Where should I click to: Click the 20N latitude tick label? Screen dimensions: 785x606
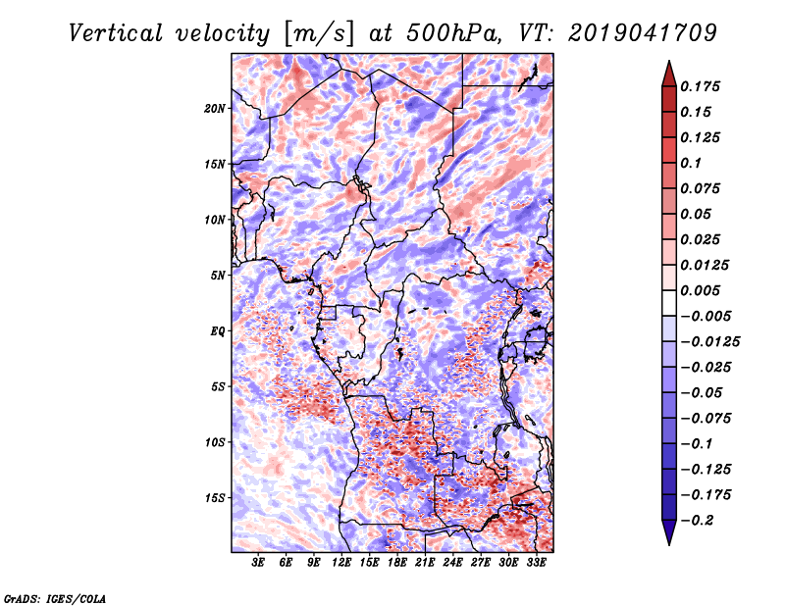[x=215, y=109]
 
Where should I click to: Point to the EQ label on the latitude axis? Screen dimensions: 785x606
[x=218, y=331]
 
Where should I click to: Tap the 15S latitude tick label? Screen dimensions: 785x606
[x=215, y=498]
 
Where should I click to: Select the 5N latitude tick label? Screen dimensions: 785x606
[x=218, y=276]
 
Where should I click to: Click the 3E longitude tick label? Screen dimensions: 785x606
[x=258, y=563]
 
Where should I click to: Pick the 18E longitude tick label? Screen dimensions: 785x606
[x=397, y=563]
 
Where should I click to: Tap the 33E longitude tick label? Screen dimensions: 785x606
[x=536, y=563]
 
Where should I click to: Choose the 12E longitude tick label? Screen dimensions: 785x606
[x=341, y=563]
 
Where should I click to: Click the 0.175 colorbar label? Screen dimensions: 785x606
[x=700, y=86]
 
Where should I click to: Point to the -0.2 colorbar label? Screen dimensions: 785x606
[x=697, y=521]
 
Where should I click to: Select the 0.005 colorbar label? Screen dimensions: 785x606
[x=700, y=290]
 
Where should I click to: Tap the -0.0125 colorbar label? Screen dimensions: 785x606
[x=709, y=342]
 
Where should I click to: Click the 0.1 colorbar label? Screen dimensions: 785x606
[x=691, y=163]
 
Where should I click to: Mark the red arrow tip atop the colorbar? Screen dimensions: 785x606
[x=669, y=61]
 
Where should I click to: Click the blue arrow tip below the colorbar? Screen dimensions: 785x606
[x=669, y=544]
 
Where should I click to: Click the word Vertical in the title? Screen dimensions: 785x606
[x=116, y=33]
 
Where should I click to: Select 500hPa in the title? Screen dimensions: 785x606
[x=453, y=33]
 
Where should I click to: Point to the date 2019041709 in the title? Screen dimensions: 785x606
[x=643, y=33]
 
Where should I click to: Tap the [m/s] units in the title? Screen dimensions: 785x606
[x=319, y=34]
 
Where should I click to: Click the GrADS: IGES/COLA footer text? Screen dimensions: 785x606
[x=55, y=598]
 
